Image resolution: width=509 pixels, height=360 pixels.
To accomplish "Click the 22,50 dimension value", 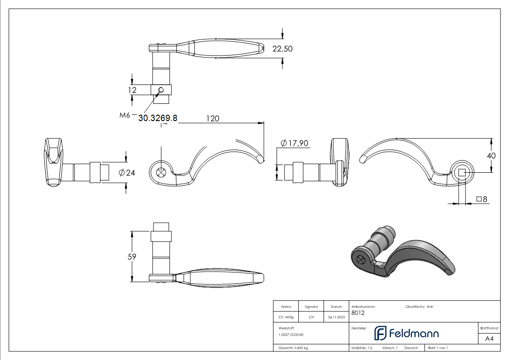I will click(x=282, y=49).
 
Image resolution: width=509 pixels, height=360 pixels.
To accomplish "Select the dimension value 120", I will click(x=213, y=118).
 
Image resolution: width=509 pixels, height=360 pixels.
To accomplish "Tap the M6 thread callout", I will click(x=125, y=116).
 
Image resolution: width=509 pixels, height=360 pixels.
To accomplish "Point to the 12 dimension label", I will click(x=132, y=90).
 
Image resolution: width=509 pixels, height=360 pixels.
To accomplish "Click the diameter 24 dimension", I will click(x=127, y=172).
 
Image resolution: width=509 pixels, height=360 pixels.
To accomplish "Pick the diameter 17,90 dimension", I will click(x=294, y=143).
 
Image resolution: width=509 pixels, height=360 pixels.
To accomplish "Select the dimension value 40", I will click(x=490, y=156).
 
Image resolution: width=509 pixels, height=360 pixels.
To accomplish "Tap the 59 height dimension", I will click(x=131, y=256).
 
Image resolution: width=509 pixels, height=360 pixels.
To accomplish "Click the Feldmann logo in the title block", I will click(x=406, y=334).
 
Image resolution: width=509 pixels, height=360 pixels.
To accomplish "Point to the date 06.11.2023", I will click(x=336, y=317).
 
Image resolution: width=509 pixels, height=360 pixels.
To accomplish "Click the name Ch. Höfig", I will click(x=286, y=317).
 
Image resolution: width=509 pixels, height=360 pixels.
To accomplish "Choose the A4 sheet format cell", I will click(x=489, y=339).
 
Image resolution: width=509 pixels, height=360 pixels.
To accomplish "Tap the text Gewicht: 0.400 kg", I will click(x=293, y=348).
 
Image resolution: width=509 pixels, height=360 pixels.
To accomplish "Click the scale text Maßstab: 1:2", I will click(x=362, y=348).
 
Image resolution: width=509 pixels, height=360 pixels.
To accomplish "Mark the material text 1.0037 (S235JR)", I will click(x=291, y=334).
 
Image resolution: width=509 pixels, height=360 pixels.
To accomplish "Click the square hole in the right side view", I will click(x=462, y=172).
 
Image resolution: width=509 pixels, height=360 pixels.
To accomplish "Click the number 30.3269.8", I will click(x=158, y=118).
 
